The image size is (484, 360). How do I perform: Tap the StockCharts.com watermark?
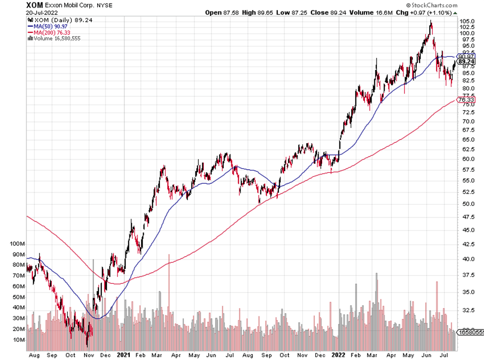point(432,5)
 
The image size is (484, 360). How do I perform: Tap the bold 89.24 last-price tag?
point(465,62)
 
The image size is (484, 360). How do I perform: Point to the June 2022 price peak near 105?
point(431,22)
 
